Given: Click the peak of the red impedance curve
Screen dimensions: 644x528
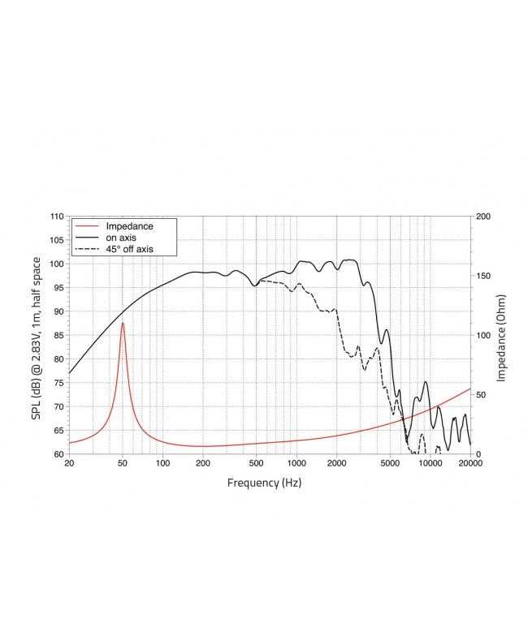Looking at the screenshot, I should (123, 323).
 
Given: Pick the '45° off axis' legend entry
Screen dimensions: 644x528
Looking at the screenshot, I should (135, 249).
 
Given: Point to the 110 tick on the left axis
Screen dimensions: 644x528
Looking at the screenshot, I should (56, 217).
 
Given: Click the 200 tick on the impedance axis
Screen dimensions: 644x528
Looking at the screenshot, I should (483, 217).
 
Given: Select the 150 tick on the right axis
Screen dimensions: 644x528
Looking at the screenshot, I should (483, 276).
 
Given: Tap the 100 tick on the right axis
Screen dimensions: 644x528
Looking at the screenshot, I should (483, 335).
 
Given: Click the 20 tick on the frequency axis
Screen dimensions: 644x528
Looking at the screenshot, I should (69, 464).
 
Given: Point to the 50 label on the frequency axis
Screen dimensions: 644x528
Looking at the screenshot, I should (123, 464).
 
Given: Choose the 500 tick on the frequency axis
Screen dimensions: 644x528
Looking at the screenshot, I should (256, 464).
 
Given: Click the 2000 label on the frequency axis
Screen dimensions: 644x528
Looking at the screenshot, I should (336, 464).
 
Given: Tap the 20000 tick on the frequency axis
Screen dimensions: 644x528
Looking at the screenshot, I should (470, 464).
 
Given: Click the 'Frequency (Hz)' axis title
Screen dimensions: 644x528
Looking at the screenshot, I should (269, 483).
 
